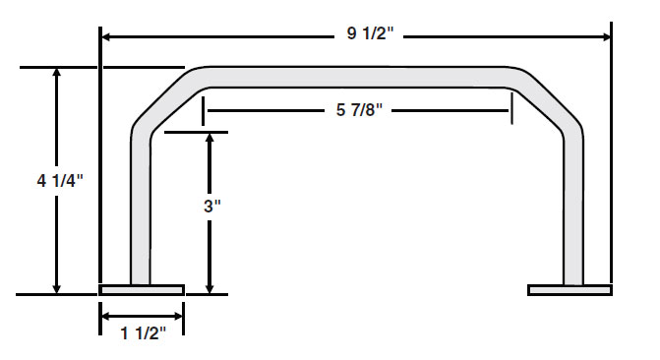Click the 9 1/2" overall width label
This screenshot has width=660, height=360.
(371, 33)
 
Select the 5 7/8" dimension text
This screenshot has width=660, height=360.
(359, 110)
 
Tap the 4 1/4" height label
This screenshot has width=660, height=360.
(60, 181)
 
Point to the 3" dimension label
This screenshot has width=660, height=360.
(212, 207)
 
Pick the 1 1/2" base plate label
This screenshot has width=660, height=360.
(143, 333)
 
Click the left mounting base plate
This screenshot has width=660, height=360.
(142, 290)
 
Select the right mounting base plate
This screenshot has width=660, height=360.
(570, 290)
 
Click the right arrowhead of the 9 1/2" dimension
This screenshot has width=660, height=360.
(606, 37)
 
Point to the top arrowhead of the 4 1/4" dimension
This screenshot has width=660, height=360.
(56, 73)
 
